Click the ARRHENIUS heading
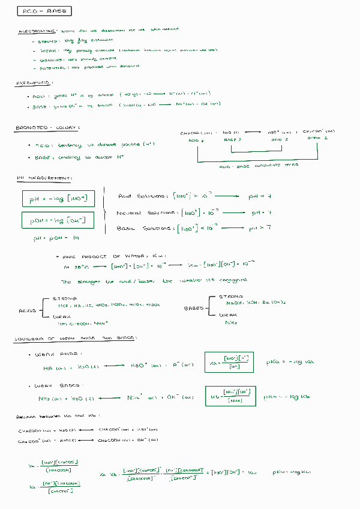pyautogui.click(x=34, y=83)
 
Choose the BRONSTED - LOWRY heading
pyautogui.click(x=47, y=128)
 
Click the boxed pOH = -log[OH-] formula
pyautogui.click(x=58, y=221)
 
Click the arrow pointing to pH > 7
pyautogui.click(x=231, y=228)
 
